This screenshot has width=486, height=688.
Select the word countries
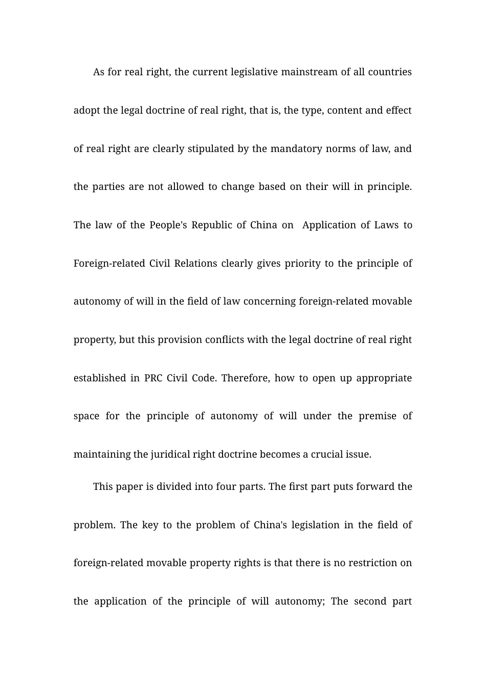pyautogui.click(x=390, y=72)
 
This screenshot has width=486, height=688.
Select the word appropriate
pyautogui.click(x=384, y=378)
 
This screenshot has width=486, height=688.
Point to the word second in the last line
pyautogui.click(x=368, y=601)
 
